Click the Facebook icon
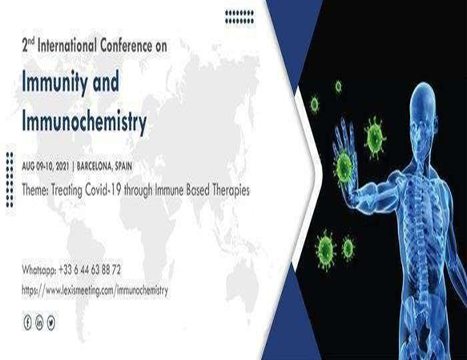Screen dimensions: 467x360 pyautogui.click(x=27, y=323)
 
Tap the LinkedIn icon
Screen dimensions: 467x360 pyautogui.click(x=39, y=323)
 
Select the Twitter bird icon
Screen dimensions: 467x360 pyautogui.click(x=51, y=323)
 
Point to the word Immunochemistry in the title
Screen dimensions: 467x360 pyautogui.click(x=84, y=122)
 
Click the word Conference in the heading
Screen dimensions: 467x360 pyautogui.click(x=126, y=46)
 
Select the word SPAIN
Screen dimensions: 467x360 pyautogui.click(x=124, y=166)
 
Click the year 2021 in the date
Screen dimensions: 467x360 pyautogui.click(x=62, y=166)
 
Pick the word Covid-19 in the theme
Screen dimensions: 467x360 pyautogui.click(x=103, y=190)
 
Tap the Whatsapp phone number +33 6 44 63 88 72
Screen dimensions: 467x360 pyautogui.click(x=90, y=270)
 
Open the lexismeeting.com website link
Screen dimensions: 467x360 pyautogui.click(x=95, y=290)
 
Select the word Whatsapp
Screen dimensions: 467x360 pyautogui.click(x=39, y=270)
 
